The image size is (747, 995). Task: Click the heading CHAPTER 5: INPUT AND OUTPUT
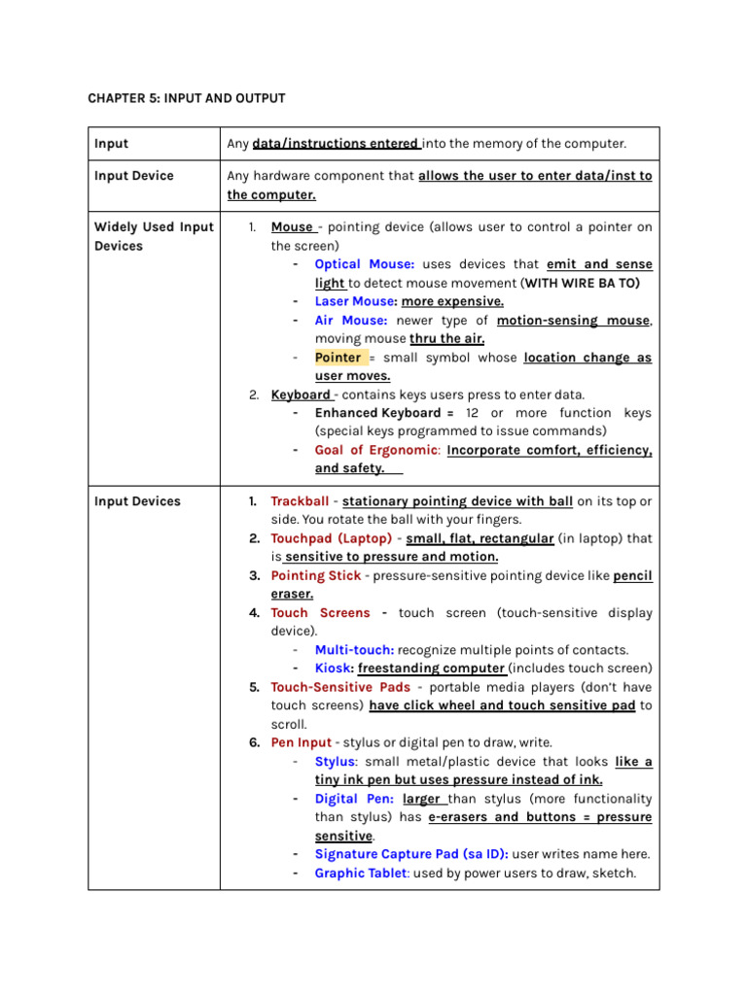click(187, 98)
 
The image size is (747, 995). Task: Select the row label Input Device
click(134, 176)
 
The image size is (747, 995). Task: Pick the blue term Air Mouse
click(351, 320)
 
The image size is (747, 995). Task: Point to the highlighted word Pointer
click(338, 358)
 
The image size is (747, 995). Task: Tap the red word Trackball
click(300, 501)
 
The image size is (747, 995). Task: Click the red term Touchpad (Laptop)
click(332, 538)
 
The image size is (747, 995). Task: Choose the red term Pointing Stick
click(315, 575)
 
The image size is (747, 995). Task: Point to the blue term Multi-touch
click(354, 650)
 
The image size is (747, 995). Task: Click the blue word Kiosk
click(334, 669)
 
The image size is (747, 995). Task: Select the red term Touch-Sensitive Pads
click(340, 687)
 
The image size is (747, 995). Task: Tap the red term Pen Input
click(301, 742)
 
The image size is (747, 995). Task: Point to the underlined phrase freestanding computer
click(431, 669)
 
